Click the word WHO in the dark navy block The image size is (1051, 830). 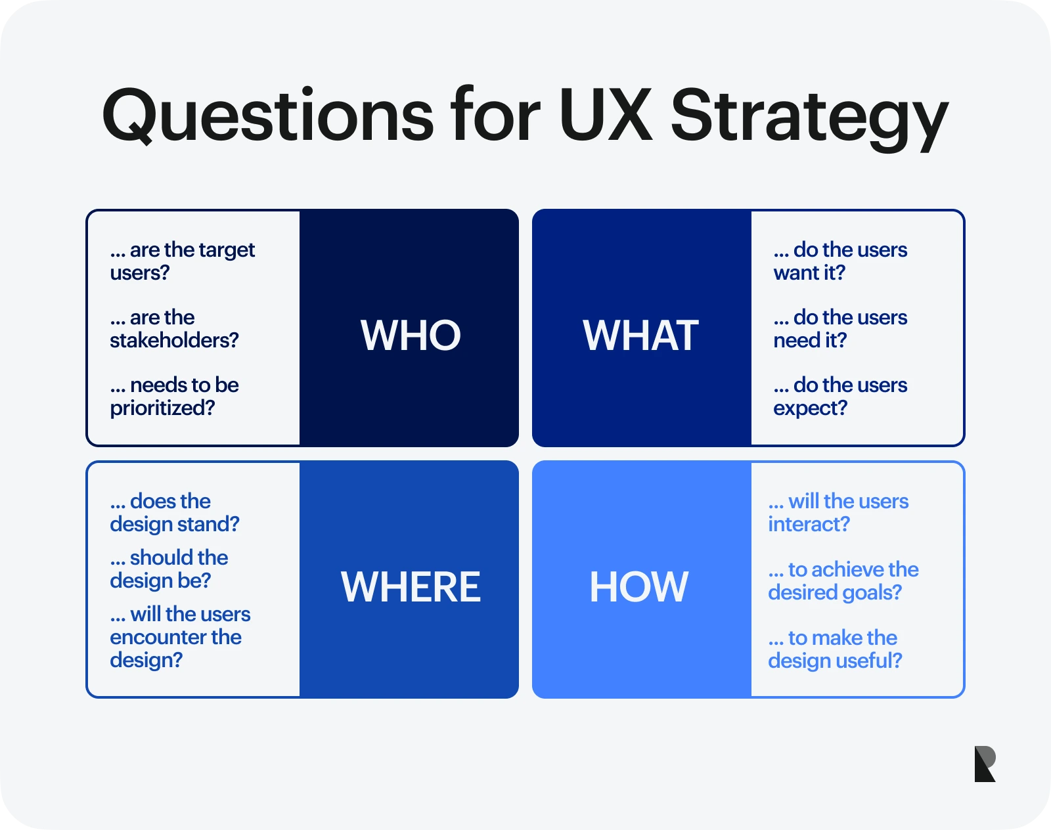(x=411, y=336)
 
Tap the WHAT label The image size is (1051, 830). (x=640, y=336)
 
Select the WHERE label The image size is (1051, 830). (x=411, y=586)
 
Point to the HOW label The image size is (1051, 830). (x=638, y=586)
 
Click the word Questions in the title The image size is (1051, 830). (x=267, y=117)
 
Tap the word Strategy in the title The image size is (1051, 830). (x=809, y=118)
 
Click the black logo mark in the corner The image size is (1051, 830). (x=985, y=764)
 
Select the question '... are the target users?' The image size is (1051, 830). (x=182, y=261)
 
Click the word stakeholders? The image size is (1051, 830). (x=174, y=340)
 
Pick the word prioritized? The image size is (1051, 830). (x=162, y=408)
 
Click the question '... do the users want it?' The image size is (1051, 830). (x=839, y=261)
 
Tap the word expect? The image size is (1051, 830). (x=810, y=408)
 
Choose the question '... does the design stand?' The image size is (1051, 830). (x=174, y=513)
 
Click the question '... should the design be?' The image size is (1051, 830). (x=169, y=569)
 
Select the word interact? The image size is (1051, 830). (x=809, y=524)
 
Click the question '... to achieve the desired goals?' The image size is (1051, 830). (x=843, y=581)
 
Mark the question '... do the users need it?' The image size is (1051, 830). (x=839, y=329)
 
